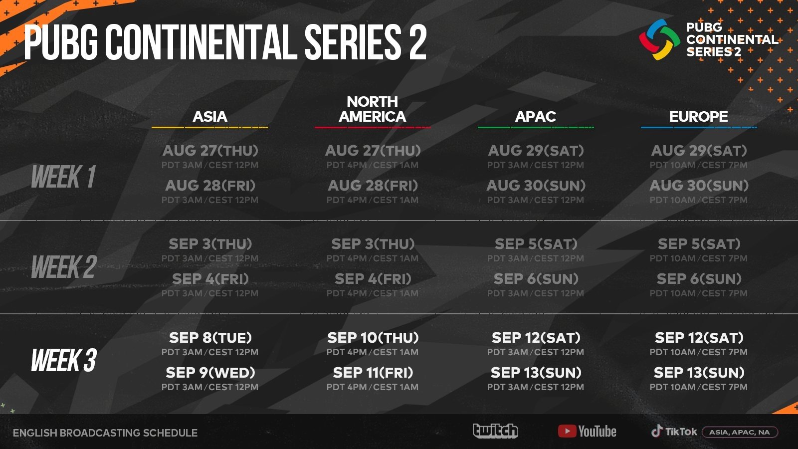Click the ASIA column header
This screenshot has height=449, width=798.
[x=210, y=117]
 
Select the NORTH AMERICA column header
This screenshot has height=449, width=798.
[x=373, y=109]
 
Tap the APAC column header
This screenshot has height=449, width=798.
[x=535, y=117]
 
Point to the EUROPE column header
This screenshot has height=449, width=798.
[x=698, y=117]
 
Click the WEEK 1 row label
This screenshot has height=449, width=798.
[x=63, y=177]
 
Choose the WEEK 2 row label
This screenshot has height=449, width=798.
[x=63, y=267]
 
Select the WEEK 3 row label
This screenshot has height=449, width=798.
[x=63, y=360]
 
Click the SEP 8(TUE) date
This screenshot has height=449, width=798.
[x=210, y=338]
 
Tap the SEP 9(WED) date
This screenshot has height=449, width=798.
[x=210, y=373]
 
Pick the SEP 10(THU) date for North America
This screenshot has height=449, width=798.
[x=373, y=338]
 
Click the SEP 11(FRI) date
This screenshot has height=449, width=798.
[x=373, y=373]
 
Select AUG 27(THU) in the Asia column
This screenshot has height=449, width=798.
[x=210, y=151]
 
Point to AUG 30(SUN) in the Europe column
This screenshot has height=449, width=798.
[x=698, y=186]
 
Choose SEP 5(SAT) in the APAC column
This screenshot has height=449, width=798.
[x=536, y=244]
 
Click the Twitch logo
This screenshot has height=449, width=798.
[x=495, y=431]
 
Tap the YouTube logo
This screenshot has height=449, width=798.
[x=587, y=431]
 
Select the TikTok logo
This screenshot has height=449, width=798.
[x=674, y=432]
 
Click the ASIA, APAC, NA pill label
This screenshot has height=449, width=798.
[x=740, y=432]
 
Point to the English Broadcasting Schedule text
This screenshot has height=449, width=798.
[x=105, y=433]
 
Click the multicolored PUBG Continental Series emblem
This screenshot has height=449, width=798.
[x=659, y=40]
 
